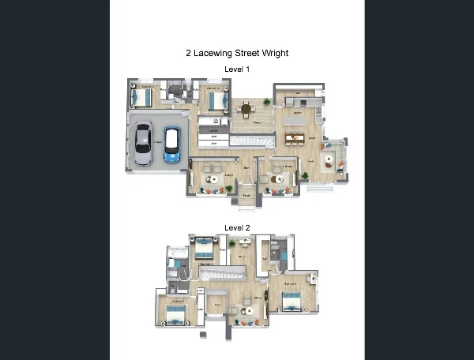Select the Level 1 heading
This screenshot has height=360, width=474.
pos(237,69)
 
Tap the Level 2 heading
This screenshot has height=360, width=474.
pos(237,227)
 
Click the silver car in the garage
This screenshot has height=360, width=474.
pos(143,143)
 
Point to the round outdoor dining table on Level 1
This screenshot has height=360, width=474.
pos(246,108)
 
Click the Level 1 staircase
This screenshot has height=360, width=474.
pos(251,141)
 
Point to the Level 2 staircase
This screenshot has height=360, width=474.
pos(227,274)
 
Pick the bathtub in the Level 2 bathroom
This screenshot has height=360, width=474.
pos(178,253)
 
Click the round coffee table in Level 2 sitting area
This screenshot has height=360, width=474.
pos(248,310)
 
